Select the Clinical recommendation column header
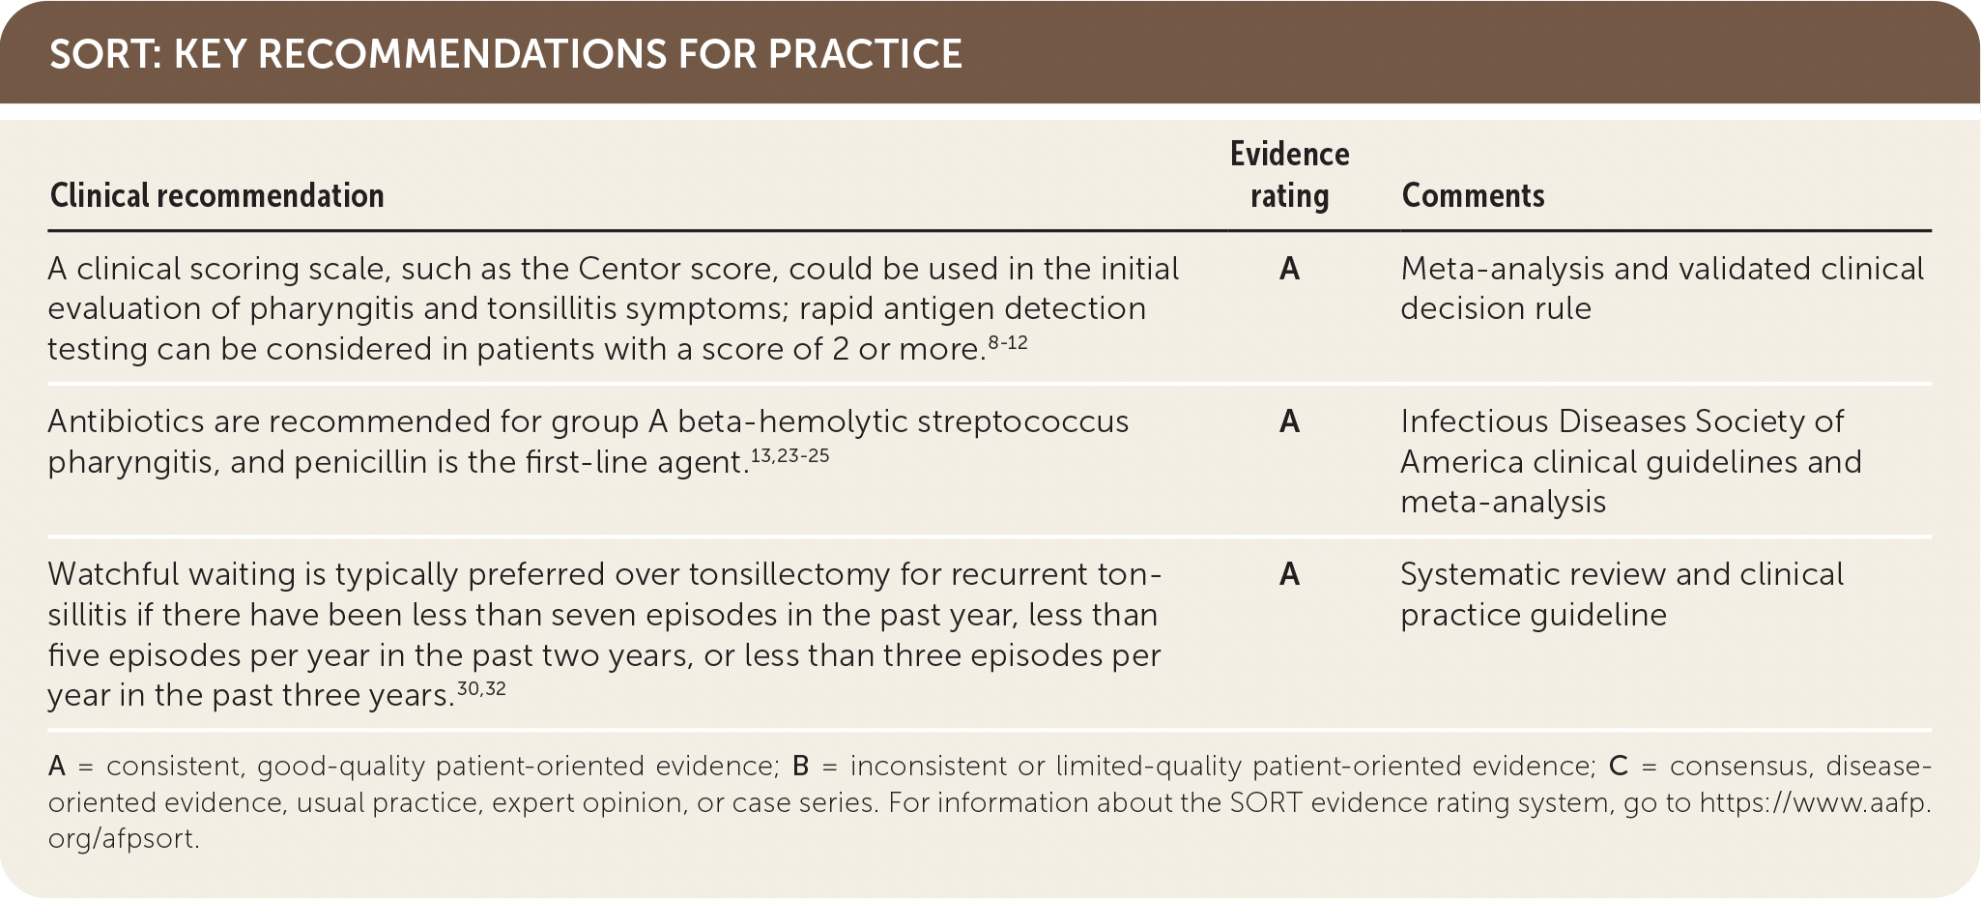coord(217,195)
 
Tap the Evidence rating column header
coord(1289,175)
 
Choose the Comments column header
coord(1473,195)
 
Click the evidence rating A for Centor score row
coord(1289,269)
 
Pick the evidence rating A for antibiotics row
coord(1289,421)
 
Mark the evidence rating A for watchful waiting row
coord(1289,574)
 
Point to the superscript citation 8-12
coord(1008,342)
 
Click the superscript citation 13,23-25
coord(790,455)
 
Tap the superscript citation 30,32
coord(481,689)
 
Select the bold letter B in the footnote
coord(801,767)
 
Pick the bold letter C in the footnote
coord(1619,767)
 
